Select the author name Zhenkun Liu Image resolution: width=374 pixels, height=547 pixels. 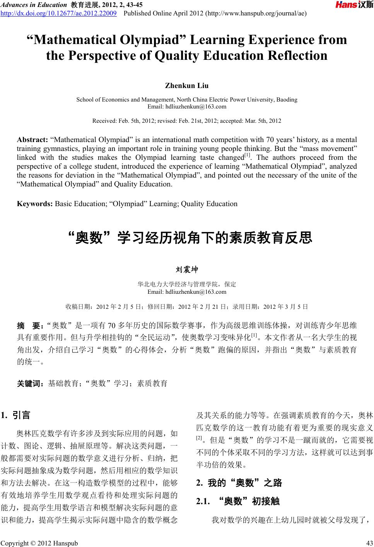187,85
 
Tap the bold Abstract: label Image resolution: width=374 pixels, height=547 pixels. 32,139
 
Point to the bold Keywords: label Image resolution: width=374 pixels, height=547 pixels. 35,203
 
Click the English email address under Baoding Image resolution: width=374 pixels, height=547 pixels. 187,106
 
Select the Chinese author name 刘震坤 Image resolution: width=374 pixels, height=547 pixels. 187,269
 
